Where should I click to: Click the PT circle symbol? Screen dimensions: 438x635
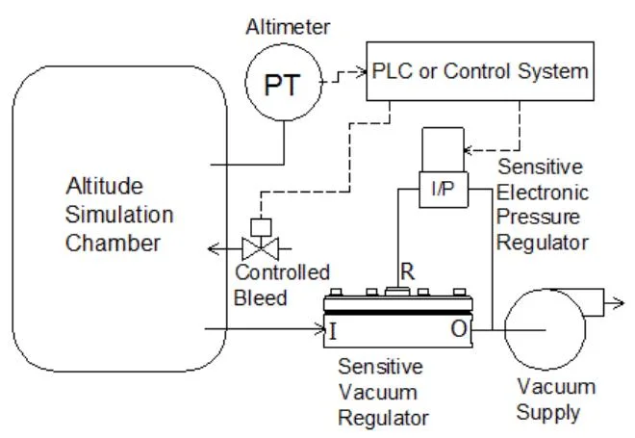coord(285,86)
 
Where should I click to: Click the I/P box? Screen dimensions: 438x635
coord(444,189)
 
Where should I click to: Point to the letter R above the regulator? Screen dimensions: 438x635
coord(407,271)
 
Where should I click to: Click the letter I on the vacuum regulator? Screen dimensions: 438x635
coord(333,332)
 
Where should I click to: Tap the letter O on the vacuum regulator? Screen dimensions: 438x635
coord(458,332)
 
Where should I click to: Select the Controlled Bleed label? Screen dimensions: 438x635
coord(281,285)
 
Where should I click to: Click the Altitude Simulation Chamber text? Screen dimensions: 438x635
coord(119,213)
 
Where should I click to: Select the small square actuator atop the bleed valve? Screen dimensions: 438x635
coord(257,227)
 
